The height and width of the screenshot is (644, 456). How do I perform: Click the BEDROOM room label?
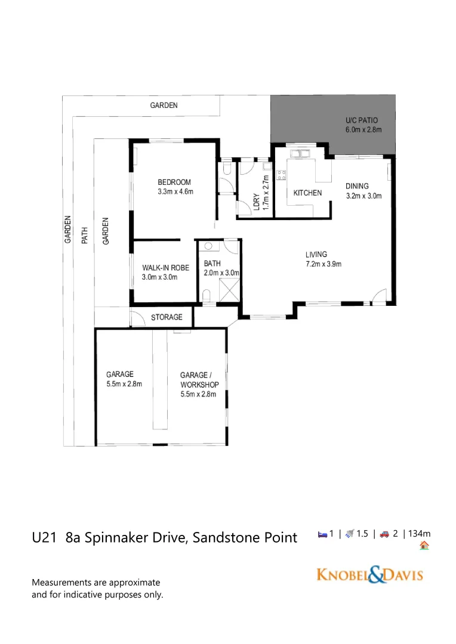[174, 182]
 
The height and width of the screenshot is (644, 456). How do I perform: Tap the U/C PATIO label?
[362, 120]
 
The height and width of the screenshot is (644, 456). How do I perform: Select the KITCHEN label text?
[307, 193]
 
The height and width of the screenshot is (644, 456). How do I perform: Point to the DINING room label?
[357, 186]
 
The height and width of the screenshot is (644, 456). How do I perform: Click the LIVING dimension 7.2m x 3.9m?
[323, 264]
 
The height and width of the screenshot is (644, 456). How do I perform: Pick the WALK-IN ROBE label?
[165, 268]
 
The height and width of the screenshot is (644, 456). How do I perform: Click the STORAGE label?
[167, 317]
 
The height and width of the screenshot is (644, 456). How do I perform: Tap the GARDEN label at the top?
[164, 106]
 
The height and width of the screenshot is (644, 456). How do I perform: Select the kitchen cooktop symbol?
[281, 175]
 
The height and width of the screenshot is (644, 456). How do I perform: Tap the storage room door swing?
[137, 319]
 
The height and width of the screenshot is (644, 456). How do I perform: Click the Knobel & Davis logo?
[369, 575]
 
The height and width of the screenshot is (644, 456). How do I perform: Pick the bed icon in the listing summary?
[322, 535]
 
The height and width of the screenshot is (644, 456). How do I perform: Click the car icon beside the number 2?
[385, 535]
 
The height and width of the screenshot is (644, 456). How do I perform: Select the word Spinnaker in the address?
[115, 538]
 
